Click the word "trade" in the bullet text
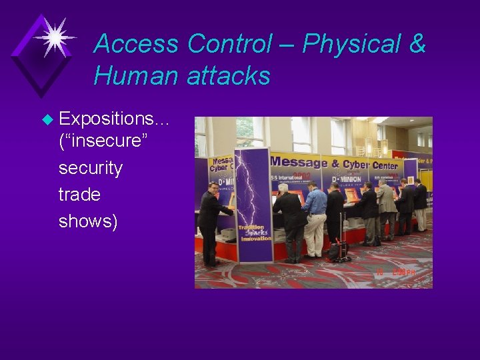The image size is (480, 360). (79, 195)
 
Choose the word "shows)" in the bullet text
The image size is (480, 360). (87, 221)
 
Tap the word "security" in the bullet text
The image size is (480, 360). (91, 169)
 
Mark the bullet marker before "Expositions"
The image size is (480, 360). (47, 120)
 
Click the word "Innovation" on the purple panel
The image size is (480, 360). (256, 239)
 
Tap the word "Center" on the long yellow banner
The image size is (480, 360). (385, 165)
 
